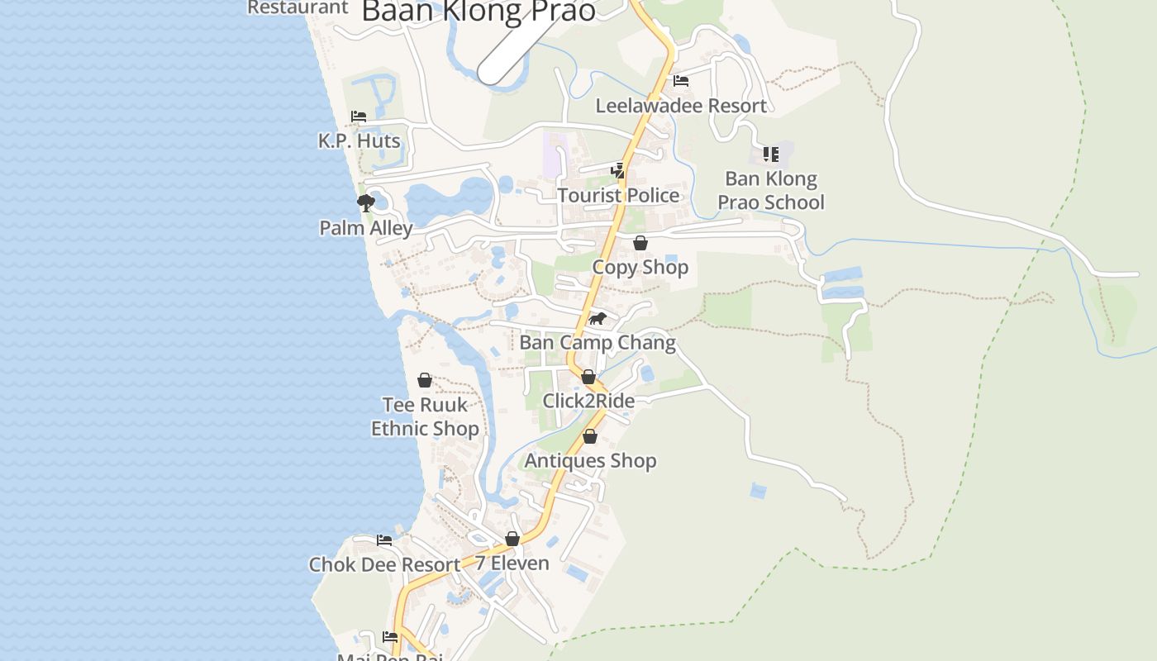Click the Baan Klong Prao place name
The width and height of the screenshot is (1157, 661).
[x=479, y=11]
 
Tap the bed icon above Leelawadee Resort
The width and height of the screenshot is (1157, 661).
[x=681, y=81]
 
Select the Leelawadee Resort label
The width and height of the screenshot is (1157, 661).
[x=681, y=106]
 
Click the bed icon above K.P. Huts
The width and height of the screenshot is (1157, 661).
[x=359, y=117]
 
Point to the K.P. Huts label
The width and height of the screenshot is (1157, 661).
[x=359, y=141]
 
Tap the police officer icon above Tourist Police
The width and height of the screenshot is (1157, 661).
[x=618, y=170]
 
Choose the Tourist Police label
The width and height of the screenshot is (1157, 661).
[x=618, y=195]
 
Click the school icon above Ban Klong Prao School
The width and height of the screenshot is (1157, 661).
[x=771, y=154]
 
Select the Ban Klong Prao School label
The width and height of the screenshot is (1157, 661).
[x=771, y=191]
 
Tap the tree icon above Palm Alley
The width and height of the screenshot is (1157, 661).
[x=366, y=203]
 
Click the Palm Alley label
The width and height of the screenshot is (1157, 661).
[x=366, y=228]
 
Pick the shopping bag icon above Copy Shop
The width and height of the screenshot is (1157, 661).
[x=640, y=243]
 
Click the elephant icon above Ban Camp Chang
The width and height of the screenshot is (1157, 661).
[x=598, y=319]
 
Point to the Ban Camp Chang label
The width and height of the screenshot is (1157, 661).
[x=598, y=342]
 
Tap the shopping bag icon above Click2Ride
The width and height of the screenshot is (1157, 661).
[x=588, y=378]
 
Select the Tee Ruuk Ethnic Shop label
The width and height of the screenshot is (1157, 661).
[x=425, y=416]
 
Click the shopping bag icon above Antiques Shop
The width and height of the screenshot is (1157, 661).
[x=590, y=437]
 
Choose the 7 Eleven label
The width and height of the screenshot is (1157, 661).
[x=512, y=564]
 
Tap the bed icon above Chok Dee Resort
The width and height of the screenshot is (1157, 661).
[x=384, y=540]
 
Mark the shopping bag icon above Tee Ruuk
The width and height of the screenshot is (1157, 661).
[x=425, y=380]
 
